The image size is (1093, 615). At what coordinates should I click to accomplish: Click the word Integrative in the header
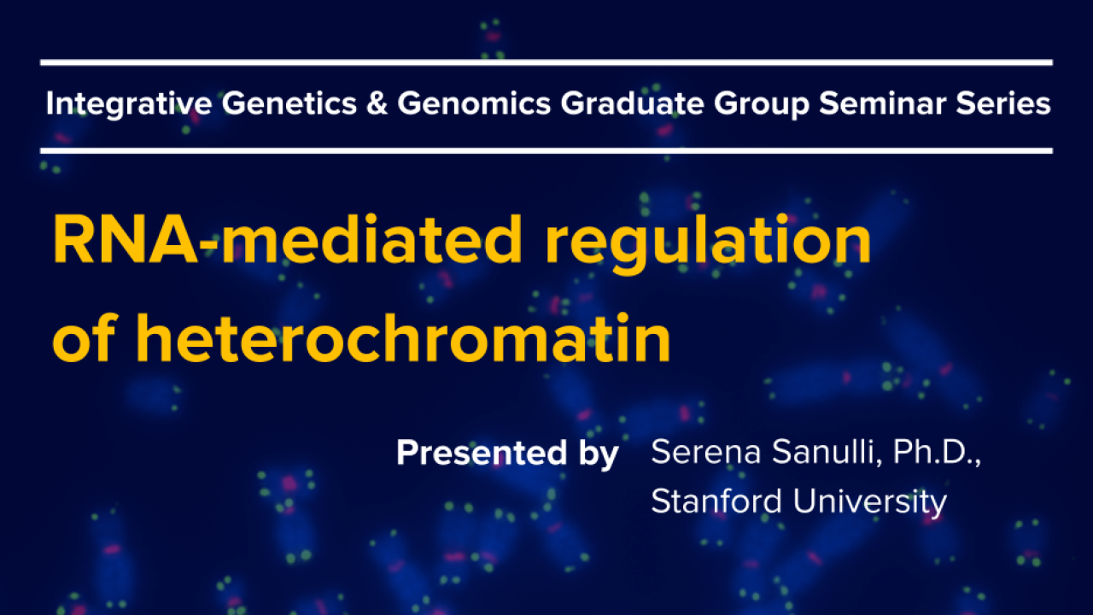(129, 103)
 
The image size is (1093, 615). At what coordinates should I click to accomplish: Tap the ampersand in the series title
(377, 103)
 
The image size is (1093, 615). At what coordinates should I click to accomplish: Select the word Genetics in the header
(289, 103)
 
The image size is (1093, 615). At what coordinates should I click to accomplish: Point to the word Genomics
(474, 103)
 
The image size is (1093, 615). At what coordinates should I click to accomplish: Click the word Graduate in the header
(633, 103)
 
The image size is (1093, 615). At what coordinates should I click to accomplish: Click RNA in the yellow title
(126, 240)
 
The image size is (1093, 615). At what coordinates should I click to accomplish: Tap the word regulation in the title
(708, 244)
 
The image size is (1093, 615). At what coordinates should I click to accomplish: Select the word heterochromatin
(403, 337)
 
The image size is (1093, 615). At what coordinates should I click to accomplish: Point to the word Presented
(482, 453)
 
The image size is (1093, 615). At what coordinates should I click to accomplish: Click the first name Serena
(706, 452)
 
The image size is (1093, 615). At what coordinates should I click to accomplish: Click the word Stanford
(716, 501)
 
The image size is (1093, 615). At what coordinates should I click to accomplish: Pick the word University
(870, 502)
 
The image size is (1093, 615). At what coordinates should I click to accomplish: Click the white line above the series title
(546, 62)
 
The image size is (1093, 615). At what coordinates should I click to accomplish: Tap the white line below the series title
(546, 151)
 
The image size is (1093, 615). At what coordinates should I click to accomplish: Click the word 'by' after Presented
(599, 454)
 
